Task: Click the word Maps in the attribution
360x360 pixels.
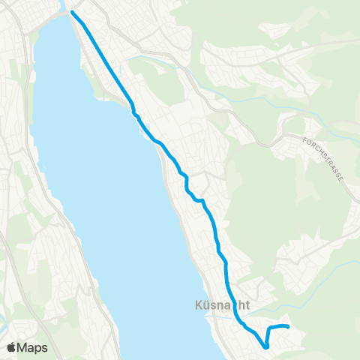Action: [x=34, y=347]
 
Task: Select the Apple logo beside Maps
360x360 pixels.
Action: [x=13, y=346]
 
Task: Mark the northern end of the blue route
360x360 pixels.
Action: [x=73, y=12]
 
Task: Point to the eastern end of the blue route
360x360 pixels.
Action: [x=288, y=326]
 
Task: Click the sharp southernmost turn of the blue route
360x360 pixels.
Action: [x=266, y=347]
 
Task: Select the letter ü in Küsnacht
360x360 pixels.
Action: [x=206, y=306]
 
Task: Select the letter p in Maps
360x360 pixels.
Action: [x=39, y=348]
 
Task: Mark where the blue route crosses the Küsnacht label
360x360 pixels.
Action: [x=232, y=306]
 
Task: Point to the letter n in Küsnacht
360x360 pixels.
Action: [x=222, y=306]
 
